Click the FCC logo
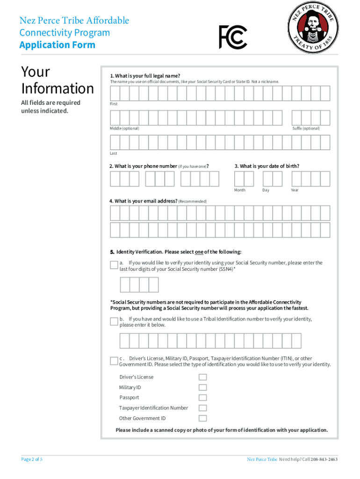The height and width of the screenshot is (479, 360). [x=233, y=37]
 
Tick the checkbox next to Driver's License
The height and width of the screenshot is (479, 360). [x=202, y=377]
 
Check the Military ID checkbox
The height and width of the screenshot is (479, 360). [x=202, y=387]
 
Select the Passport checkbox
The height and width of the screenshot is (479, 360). [x=202, y=398]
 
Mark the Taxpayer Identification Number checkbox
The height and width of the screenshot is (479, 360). [x=202, y=408]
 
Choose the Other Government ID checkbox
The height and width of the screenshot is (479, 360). [x=202, y=418]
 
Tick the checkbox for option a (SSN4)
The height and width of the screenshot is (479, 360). [x=114, y=265]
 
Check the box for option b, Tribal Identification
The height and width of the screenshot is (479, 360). [x=114, y=321]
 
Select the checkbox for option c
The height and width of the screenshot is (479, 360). [x=114, y=361]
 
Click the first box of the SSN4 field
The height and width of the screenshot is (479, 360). [x=125, y=285]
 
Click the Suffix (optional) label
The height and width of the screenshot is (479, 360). [x=306, y=128]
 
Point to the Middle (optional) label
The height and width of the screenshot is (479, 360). [x=124, y=128]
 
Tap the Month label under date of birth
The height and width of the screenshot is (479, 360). [x=240, y=190]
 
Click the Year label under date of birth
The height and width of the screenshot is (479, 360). [x=295, y=190]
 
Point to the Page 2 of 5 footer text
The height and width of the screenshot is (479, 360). [x=32, y=459]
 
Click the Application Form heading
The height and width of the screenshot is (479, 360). [x=57, y=45]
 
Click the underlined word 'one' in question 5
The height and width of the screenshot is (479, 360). [x=198, y=252]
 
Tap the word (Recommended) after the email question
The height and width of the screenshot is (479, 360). [x=193, y=201]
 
